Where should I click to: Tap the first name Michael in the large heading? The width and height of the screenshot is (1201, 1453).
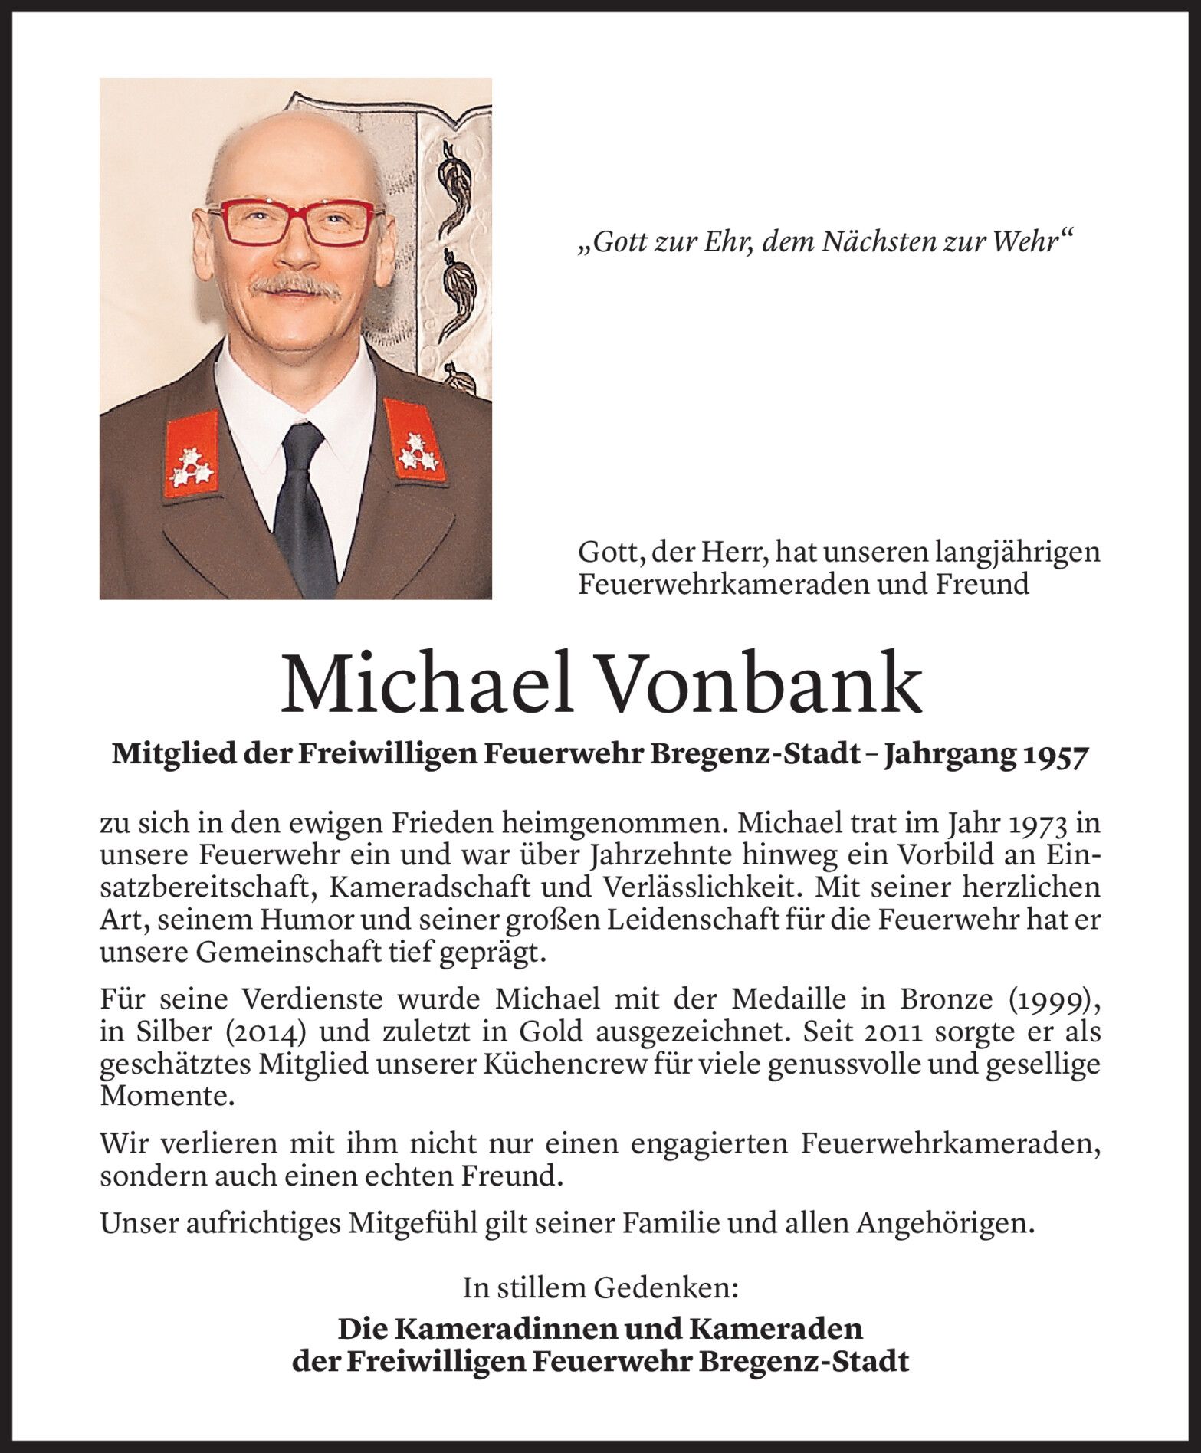(x=426, y=683)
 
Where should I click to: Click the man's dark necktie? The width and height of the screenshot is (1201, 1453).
(x=304, y=498)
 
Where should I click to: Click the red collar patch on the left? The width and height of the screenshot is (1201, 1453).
(x=189, y=456)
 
